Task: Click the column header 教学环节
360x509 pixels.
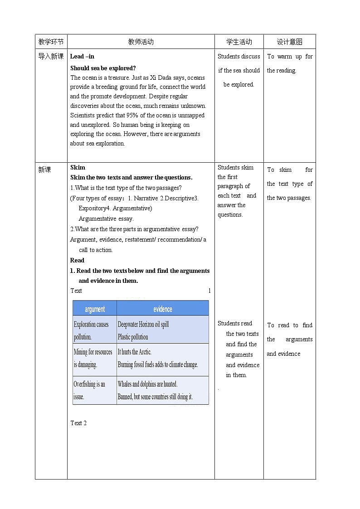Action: click(x=51, y=42)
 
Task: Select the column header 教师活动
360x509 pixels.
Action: click(x=141, y=42)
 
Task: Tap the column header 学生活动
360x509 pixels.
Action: click(x=239, y=42)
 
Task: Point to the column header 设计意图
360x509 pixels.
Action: click(x=289, y=42)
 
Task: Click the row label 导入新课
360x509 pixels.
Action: click(x=51, y=57)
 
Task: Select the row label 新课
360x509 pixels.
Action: click(x=45, y=170)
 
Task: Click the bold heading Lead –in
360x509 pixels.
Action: click(x=82, y=57)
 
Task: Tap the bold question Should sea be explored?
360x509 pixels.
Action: click(x=103, y=68)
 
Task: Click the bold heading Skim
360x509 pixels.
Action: click(x=78, y=167)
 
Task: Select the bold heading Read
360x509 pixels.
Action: click(x=77, y=260)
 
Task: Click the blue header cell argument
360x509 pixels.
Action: click(x=95, y=309)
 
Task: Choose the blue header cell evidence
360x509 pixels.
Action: click(x=162, y=309)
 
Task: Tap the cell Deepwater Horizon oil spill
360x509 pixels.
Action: click(x=143, y=325)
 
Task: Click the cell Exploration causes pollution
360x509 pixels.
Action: click(x=92, y=330)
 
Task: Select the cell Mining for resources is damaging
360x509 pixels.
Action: click(x=93, y=358)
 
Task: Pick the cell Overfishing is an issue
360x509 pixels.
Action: click(x=90, y=390)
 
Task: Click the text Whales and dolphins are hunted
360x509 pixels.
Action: click(x=148, y=384)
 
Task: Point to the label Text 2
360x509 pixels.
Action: click(x=78, y=423)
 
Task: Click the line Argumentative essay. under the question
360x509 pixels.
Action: click(x=106, y=218)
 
